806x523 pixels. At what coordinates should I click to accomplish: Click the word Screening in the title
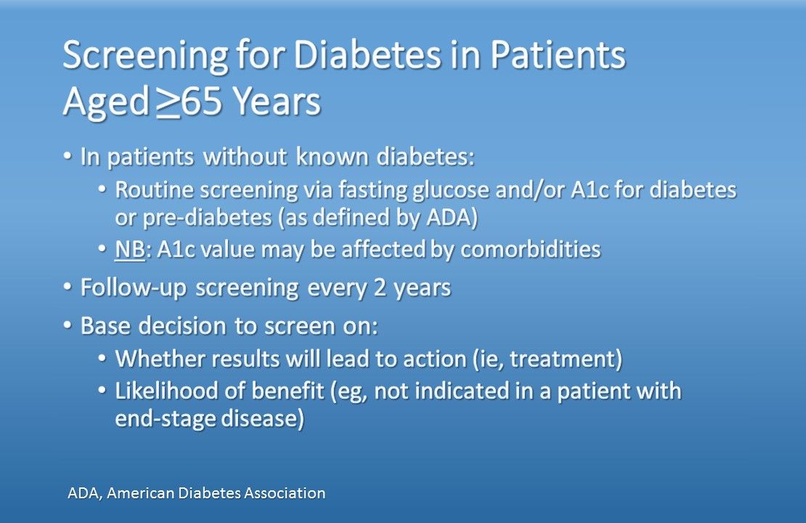(x=145, y=56)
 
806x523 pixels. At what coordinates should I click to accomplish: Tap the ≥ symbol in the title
(x=170, y=102)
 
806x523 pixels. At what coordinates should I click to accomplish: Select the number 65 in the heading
(x=202, y=101)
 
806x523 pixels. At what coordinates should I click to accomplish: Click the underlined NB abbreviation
(x=129, y=249)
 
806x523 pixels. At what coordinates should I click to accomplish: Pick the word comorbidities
(x=531, y=249)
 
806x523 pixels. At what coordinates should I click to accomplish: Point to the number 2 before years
(x=380, y=287)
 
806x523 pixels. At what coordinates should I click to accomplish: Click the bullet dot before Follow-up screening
(x=68, y=286)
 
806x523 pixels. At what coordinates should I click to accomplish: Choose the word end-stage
(x=165, y=418)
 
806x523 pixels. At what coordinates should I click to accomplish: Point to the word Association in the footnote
(x=284, y=493)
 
